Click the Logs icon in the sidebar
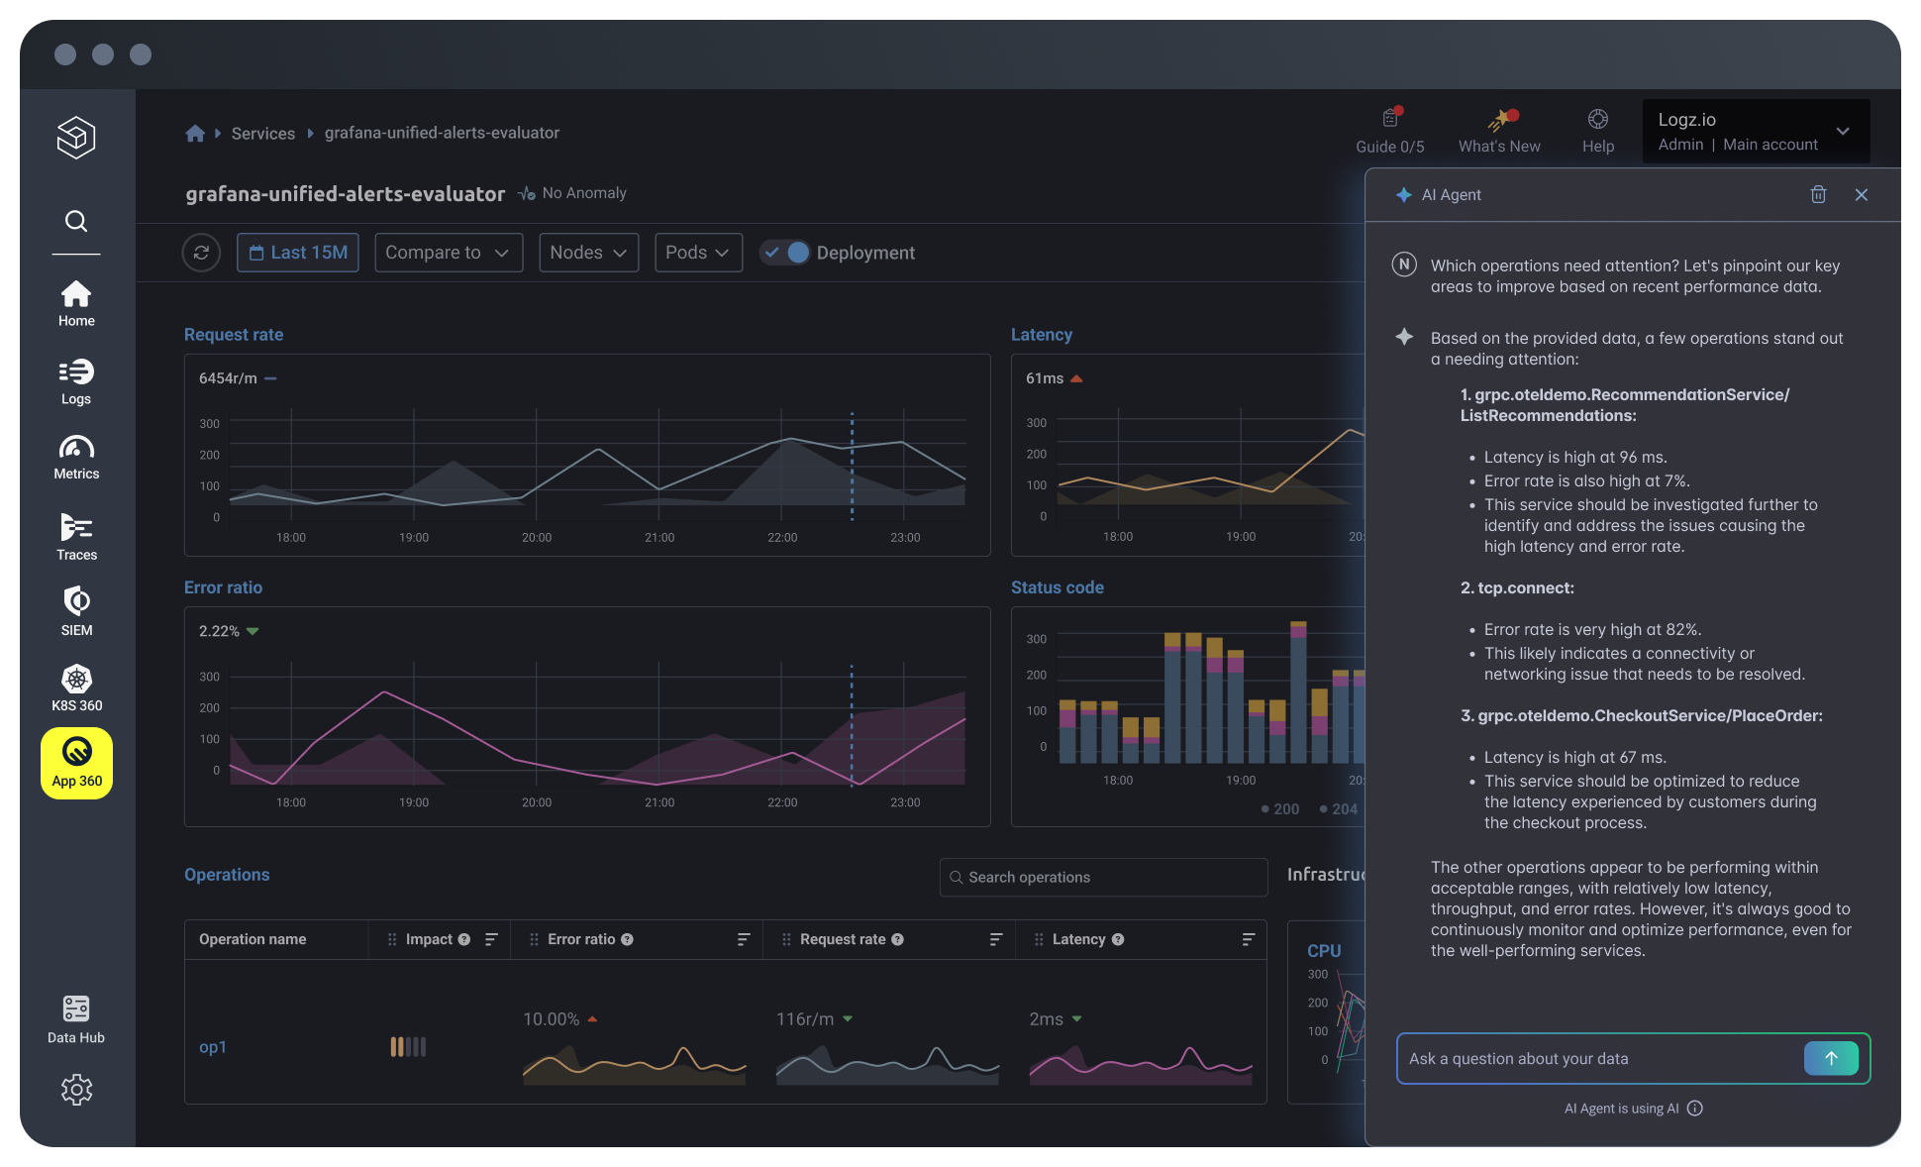coord(76,381)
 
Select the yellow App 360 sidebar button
coord(76,763)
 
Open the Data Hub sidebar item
coord(76,1019)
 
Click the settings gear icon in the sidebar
coord(76,1090)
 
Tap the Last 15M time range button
coord(298,253)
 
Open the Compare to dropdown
coord(448,253)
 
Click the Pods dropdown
coord(697,253)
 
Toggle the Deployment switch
coord(786,253)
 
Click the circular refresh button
coord(201,253)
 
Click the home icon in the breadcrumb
coord(195,133)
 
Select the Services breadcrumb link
coord(262,133)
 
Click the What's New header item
coord(1499,131)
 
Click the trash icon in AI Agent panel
coord(1818,194)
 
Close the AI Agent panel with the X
coord(1862,194)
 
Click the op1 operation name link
coord(213,1047)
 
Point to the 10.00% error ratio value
coord(552,1019)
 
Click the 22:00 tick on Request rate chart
coord(782,537)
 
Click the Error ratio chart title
coord(223,587)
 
